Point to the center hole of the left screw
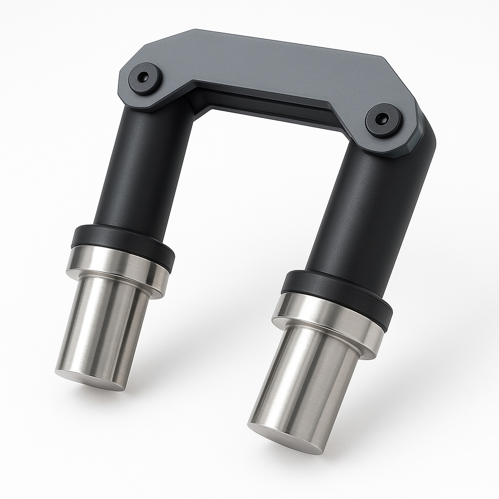pos(143,77)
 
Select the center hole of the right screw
pos(383,118)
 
